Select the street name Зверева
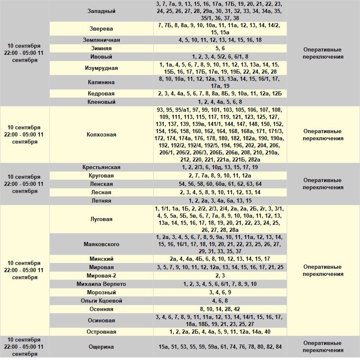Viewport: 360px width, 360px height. (x=101, y=29)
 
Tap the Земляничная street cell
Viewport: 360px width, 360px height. (x=101, y=40)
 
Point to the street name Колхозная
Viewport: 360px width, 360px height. (x=101, y=135)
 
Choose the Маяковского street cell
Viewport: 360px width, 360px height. (x=101, y=244)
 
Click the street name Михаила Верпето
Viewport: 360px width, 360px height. (x=101, y=284)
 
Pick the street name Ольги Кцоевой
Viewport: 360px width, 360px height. (x=101, y=301)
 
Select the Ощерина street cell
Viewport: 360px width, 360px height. (x=101, y=347)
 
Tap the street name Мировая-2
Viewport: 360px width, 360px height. (x=101, y=275)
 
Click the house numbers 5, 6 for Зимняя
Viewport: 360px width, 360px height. (x=220, y=48)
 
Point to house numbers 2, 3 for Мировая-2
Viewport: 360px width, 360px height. (x=220, y=275)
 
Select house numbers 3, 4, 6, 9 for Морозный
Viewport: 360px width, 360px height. (x=220, y=292)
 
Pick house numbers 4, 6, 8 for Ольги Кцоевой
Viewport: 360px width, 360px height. (x=220, y=301)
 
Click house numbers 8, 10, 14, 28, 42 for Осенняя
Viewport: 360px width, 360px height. (x=220, y=309)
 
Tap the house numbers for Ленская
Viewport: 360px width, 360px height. (x=220, y=184)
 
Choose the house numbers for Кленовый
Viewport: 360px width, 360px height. (x=220, y=102)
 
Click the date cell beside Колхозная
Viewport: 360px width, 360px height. (x=24, y=135)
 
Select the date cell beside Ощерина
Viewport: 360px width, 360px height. (x=24, y=347)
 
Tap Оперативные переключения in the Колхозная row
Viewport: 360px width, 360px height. (x=323, y=135)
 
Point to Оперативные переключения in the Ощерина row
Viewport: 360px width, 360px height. (x=323, y=347)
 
